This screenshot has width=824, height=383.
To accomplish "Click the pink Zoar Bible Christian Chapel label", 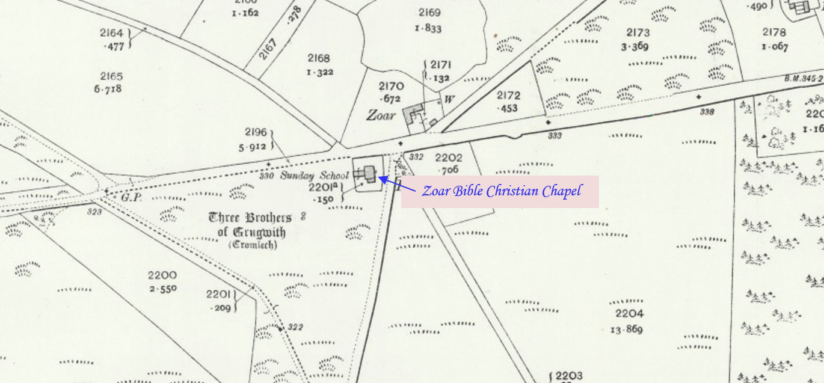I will point(500,191).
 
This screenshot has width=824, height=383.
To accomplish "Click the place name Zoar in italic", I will point(381,114).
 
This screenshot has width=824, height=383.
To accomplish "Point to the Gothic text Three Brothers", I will point(250,218).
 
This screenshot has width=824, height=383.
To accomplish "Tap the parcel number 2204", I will point(629,313).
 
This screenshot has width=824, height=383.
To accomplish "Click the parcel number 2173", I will point(638,32).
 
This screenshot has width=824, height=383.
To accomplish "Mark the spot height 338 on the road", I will point(707,112).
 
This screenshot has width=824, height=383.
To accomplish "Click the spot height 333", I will point(555,135).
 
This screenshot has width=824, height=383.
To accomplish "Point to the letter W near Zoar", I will point(448,99).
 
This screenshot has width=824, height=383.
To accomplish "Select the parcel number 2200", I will point(162,275).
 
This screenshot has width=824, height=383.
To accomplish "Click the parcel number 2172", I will point(508,95).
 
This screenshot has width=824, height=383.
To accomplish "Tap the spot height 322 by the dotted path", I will point(295,326).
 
